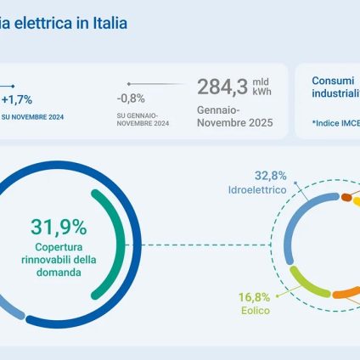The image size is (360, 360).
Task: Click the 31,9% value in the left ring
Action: [x=59, y=227]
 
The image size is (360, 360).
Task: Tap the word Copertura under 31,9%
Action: [x=59, y=248]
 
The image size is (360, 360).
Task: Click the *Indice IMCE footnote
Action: [x=335, y=124]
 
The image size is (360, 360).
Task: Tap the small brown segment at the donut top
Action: [x=346, y=197]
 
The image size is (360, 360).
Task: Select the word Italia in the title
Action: [x=110, y=23]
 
